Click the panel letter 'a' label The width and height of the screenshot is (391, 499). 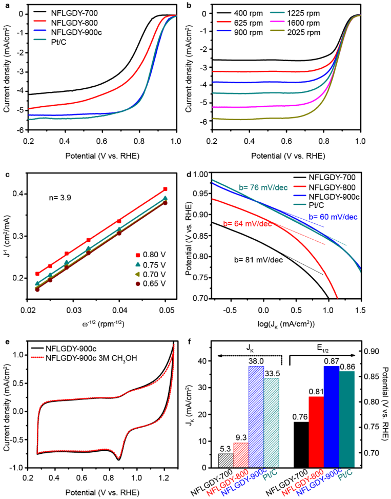coord(6,6)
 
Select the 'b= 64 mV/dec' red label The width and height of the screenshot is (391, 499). coord(246,223)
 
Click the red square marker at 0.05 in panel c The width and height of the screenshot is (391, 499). coord(165,189)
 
